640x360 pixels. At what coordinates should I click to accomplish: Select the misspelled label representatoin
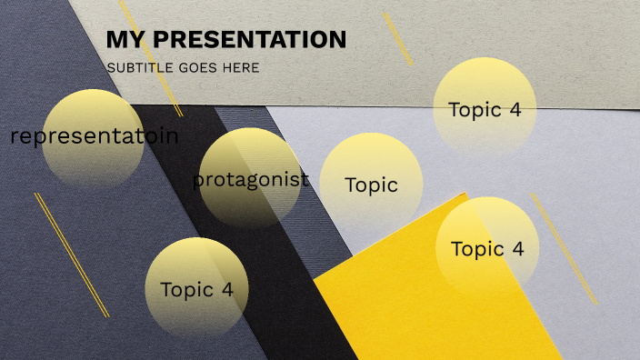click(x=95, y=137)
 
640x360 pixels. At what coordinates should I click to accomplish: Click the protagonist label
click(x=251, y=179)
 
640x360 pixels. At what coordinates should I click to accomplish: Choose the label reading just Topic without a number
click(x=371, y=185)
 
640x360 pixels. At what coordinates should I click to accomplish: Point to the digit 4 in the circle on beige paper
click(x=515, y=110)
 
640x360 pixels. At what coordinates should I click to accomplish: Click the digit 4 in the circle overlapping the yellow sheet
click(x=518, y=249)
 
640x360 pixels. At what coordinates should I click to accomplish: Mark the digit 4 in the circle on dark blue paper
click(x=227, y=290)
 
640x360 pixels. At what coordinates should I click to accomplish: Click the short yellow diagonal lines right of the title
click(x=397, y=38)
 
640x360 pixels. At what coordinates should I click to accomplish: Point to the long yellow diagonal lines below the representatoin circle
click(x=71, y=255)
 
